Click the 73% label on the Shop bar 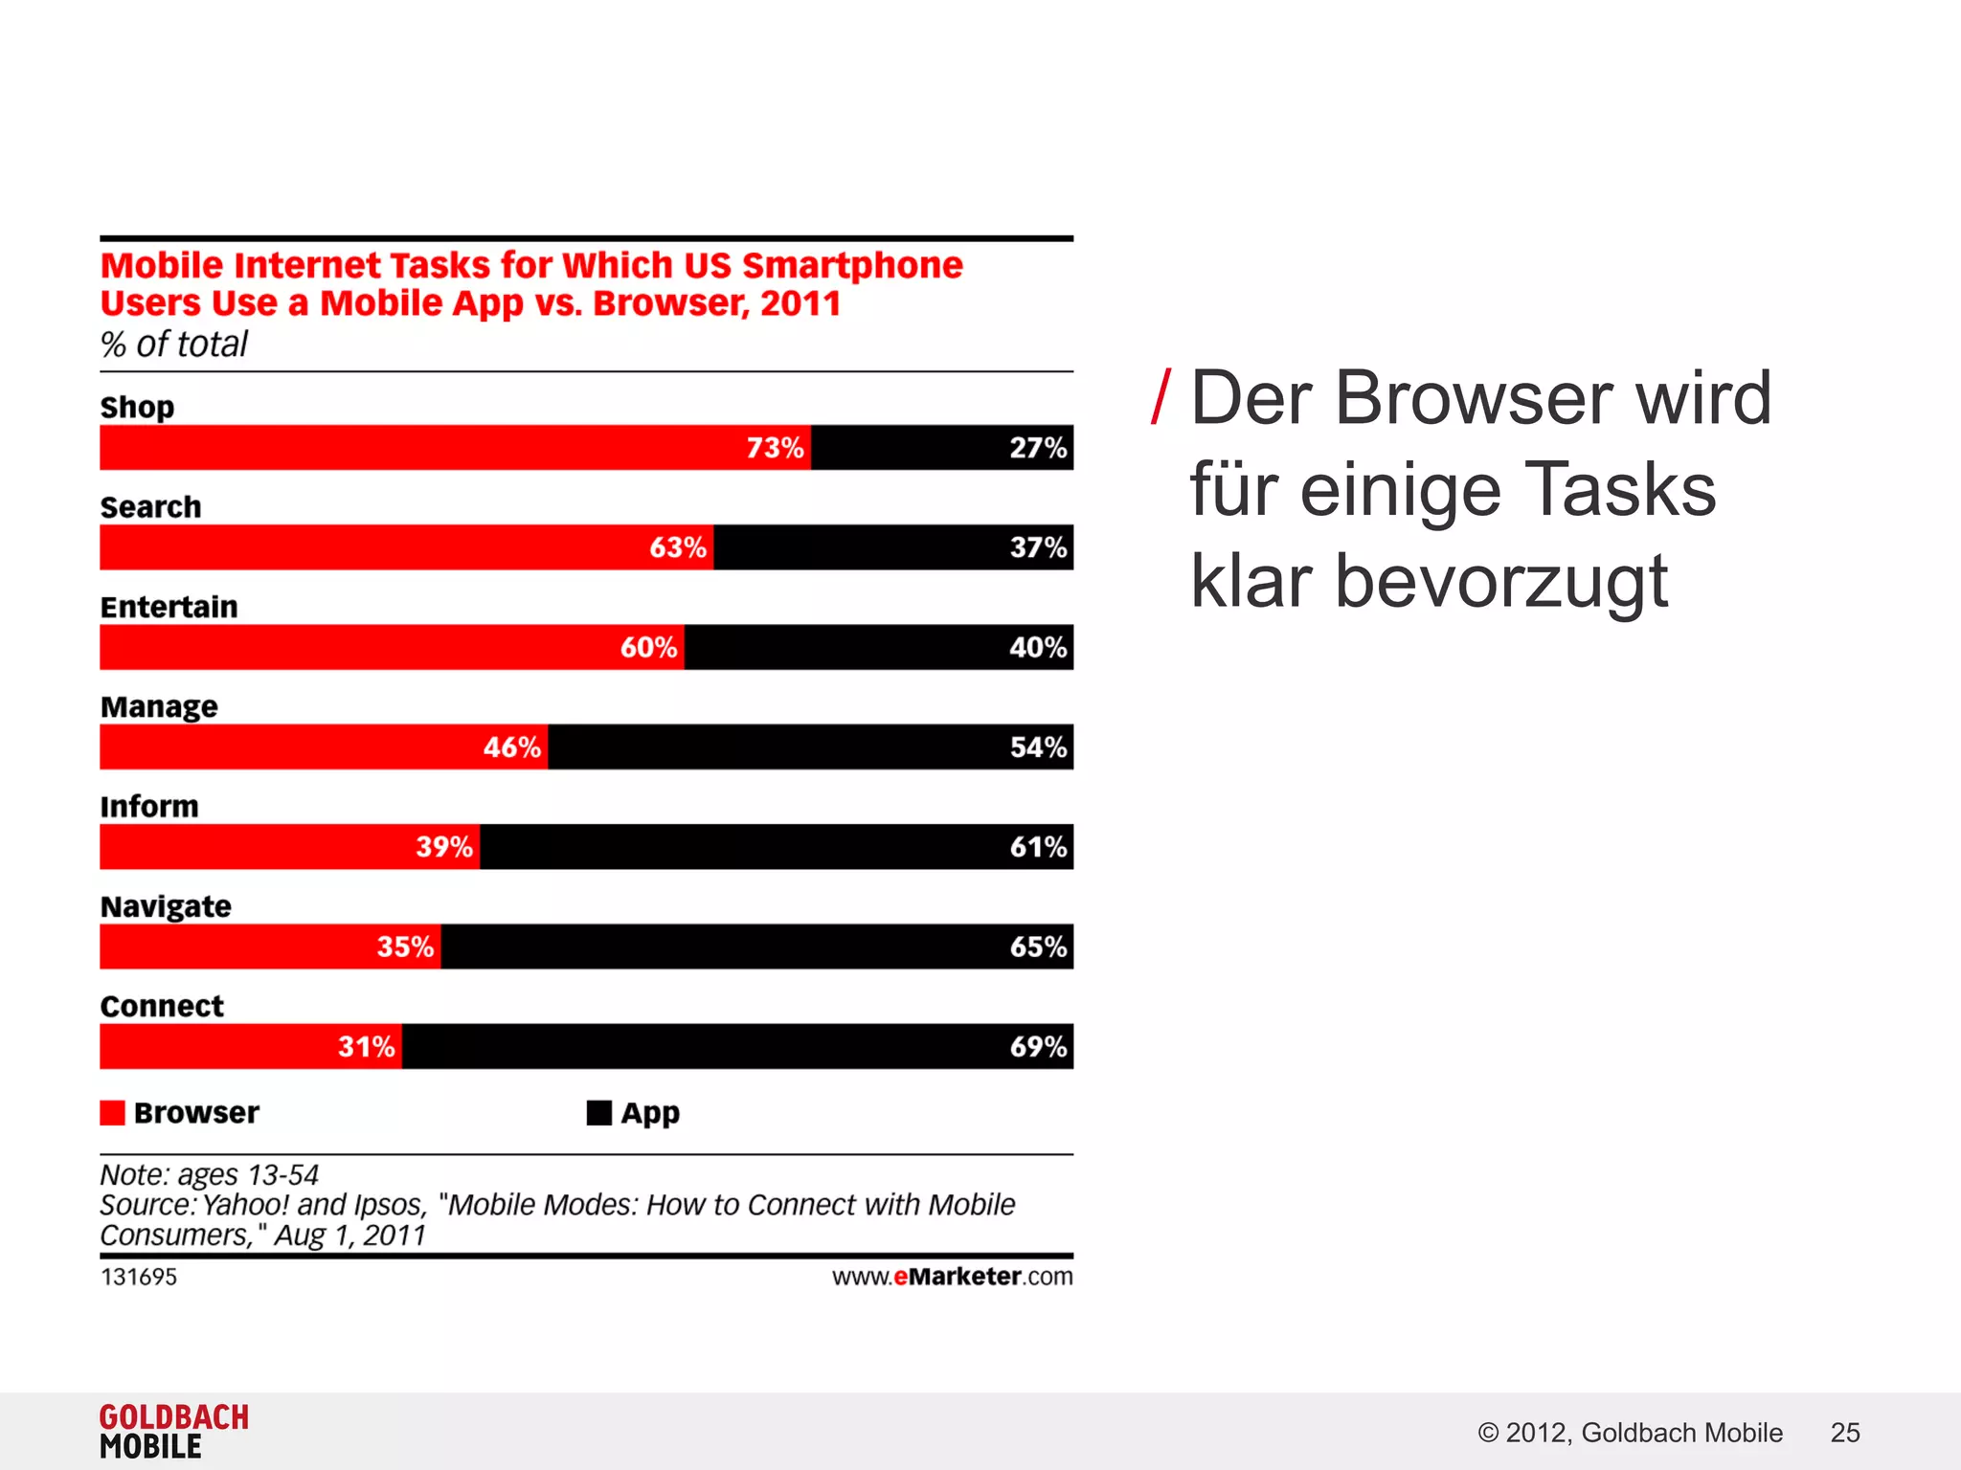point(775,448)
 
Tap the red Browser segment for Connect point(220,1046)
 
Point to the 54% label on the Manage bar point(1038,747)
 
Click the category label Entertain point(169,607)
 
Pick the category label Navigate point(166,906)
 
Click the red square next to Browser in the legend point(112,1113)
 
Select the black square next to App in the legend point(598,1113)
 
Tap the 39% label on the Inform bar point(443,847)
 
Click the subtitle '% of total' point(173,345)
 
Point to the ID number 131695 point(139,1277)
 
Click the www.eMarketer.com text point(952,1277)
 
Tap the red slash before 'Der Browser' point(1161,398)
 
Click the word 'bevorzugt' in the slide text point(1500,582)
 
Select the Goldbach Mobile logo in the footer point(173,1432)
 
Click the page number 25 point(1844,1433)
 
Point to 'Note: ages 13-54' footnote point(209,1174)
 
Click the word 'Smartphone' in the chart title point(852,265)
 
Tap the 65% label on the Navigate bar point(1038,947)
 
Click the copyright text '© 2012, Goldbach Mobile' point(1630,1433)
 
